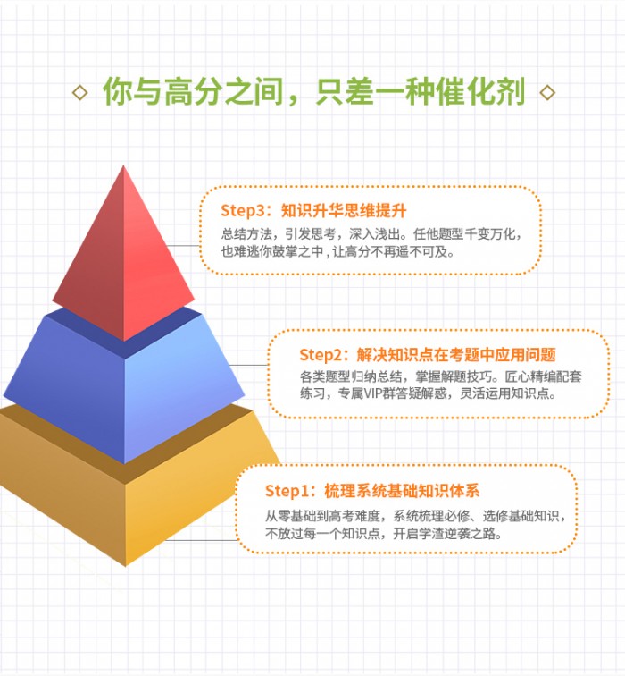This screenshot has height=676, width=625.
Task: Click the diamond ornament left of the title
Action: tap(80, 93)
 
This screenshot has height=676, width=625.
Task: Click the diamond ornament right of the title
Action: tap(547, 93)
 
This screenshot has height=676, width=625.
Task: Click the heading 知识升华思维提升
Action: tap(344, 211)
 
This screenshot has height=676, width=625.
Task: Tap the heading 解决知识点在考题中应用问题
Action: tap(456, 355)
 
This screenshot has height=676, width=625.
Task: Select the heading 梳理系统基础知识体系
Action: tap(402, 491)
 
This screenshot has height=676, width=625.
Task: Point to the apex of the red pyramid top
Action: tap(123, 165)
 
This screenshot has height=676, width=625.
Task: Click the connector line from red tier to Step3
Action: tap(182, 245)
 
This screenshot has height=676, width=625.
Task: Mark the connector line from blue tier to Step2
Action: tap(248, 365)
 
